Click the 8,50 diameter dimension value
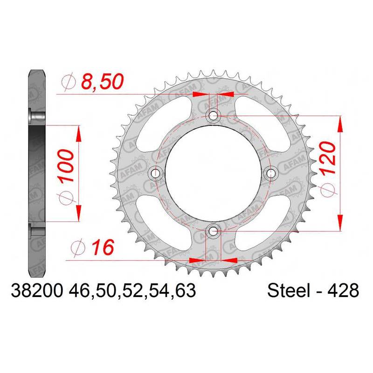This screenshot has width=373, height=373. point(102,81)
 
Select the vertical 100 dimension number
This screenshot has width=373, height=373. point(66,166)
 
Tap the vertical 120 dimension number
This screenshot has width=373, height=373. point(327,159)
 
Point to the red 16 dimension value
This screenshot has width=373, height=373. point(103,248)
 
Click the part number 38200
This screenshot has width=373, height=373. point(37,290)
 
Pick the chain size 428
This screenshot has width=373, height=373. point(343,290)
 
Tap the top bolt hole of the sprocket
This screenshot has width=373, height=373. point(213,116)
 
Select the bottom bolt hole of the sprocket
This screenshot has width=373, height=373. point(213,230)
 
